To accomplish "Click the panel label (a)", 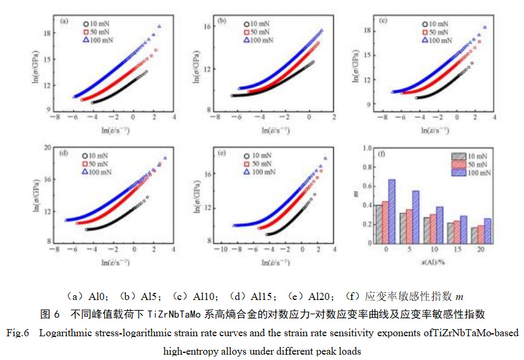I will point(64,23).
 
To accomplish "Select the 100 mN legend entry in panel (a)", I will point(96,40).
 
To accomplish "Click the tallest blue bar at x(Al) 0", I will point(392,211).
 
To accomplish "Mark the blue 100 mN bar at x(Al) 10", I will point(440,225).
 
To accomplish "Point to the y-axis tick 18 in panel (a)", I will point(48,33).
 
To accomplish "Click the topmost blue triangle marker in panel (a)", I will point(159,27).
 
